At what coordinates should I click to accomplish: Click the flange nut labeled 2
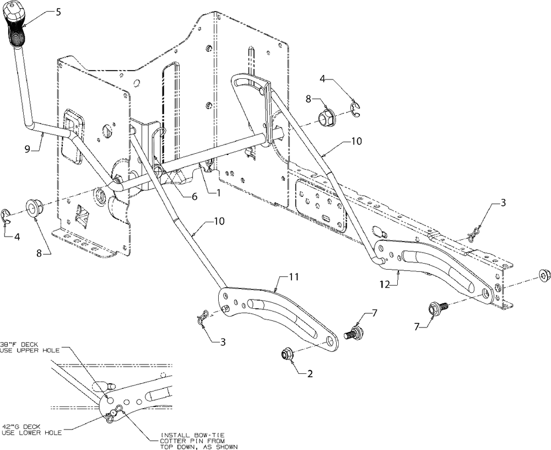tap(287, 353)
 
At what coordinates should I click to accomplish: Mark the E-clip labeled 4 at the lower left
tap(7, 215)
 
